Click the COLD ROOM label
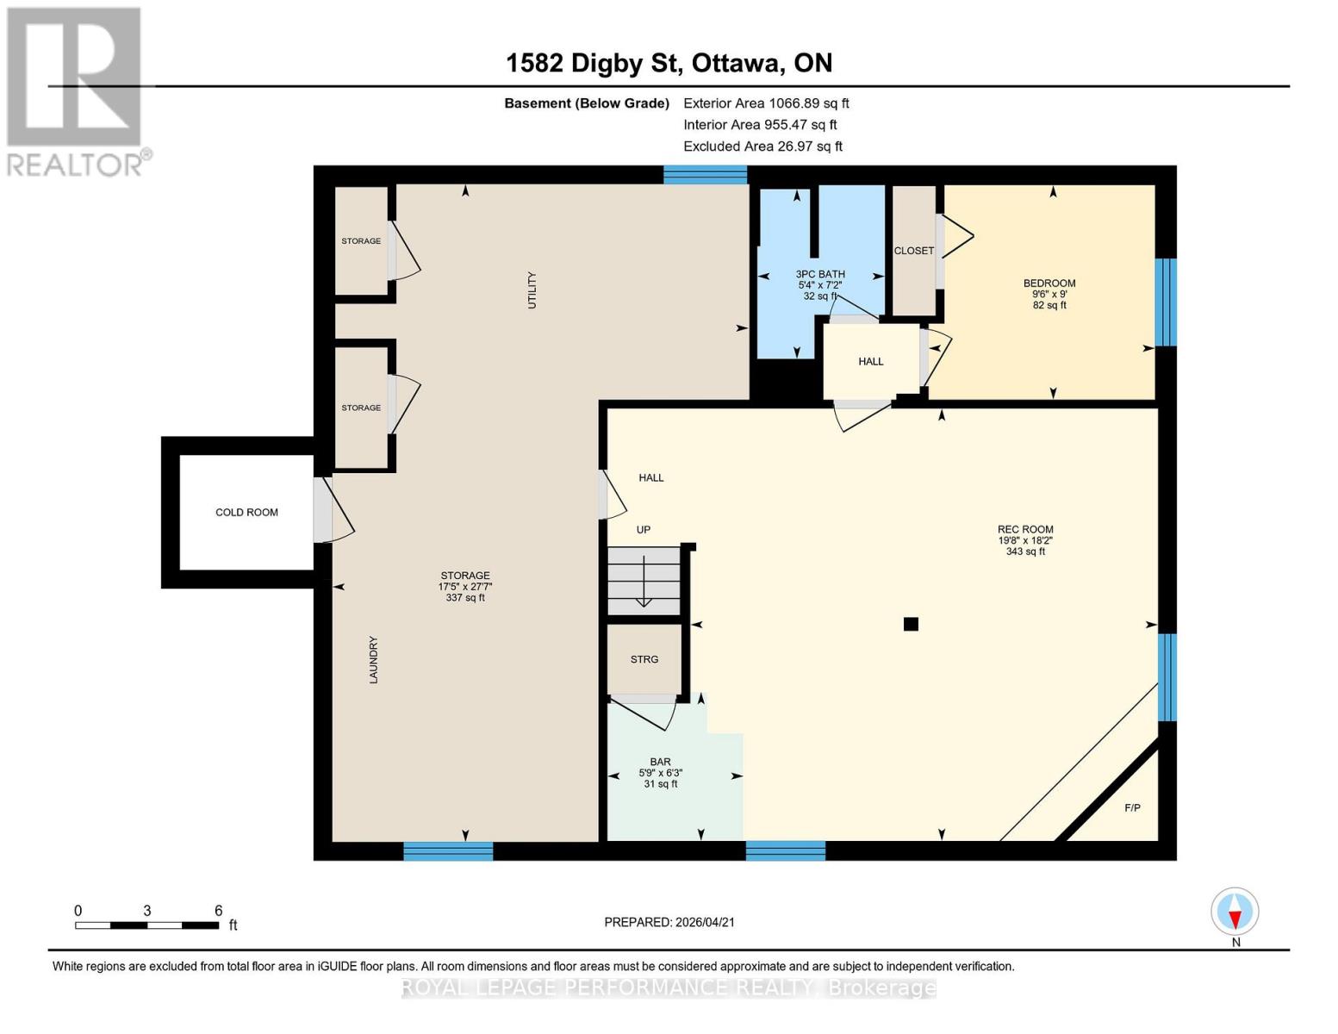tap(246, 513)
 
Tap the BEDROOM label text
tap(1049, 283)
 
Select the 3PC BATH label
tap(819, 274)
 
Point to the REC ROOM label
tap(1025, 530)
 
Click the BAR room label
tap(660, 762)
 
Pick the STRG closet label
tap(644, 659)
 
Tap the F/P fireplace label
tap(1132, 808)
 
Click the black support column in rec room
tap(911, 624)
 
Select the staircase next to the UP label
tap(644, 580)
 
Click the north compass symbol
tap(1235, 912)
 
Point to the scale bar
tap(146, 925)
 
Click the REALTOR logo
tap(76, 90)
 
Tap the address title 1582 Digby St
tap(669, 63)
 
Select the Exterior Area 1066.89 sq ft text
tap(766, 103)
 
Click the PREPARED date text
tap(669, 922)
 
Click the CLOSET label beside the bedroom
tap(913, 251)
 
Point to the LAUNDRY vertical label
tap(374, 660)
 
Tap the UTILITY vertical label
tap(532, 290)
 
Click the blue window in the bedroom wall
tap(1165, 302)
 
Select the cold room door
tap(324, 510)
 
